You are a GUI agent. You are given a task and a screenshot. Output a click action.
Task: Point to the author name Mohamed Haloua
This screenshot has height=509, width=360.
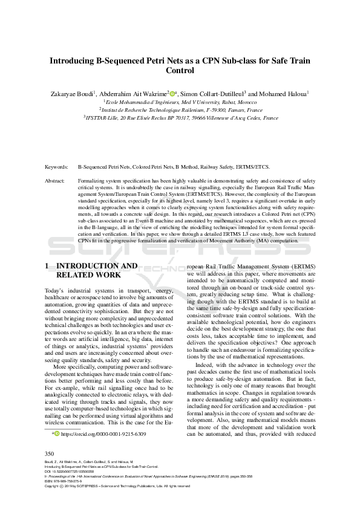(283, 94)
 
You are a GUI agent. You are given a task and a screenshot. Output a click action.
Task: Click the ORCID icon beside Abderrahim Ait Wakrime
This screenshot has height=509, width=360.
(172, 94)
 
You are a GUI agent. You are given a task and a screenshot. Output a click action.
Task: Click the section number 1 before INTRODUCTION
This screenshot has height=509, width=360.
(47, 265)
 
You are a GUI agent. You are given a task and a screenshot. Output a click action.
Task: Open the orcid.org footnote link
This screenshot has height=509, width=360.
(103, 434)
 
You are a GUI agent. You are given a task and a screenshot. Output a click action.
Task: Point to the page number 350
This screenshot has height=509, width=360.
(50, 453)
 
